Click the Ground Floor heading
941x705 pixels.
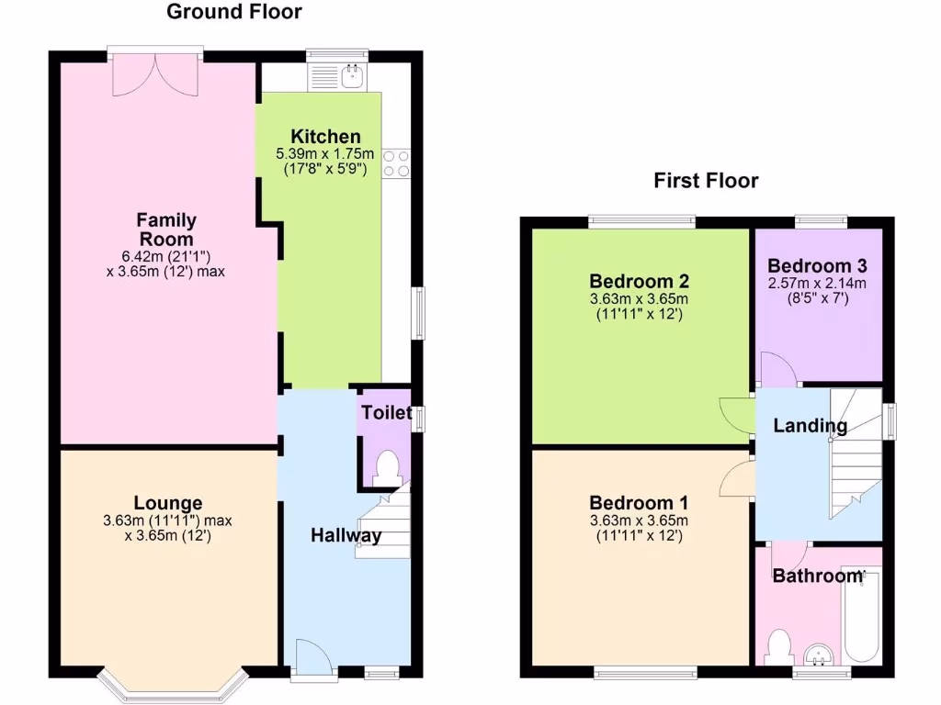[233, 12]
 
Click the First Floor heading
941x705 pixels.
[706, 181]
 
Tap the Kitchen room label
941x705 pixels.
[326, 137]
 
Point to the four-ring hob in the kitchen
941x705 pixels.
[397, 163]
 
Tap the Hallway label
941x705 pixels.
[346, 536]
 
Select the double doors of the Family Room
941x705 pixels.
[156, 74]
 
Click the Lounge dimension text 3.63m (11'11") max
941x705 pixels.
[167, 520]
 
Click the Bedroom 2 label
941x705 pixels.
[640, 281]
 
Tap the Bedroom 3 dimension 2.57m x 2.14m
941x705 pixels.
[818, 283]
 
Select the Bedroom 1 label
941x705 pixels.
[639, 503]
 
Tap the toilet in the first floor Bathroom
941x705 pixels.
[781, 645]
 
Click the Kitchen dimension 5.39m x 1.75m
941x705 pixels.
[325, 153]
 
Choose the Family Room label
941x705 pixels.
[166, 229]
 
